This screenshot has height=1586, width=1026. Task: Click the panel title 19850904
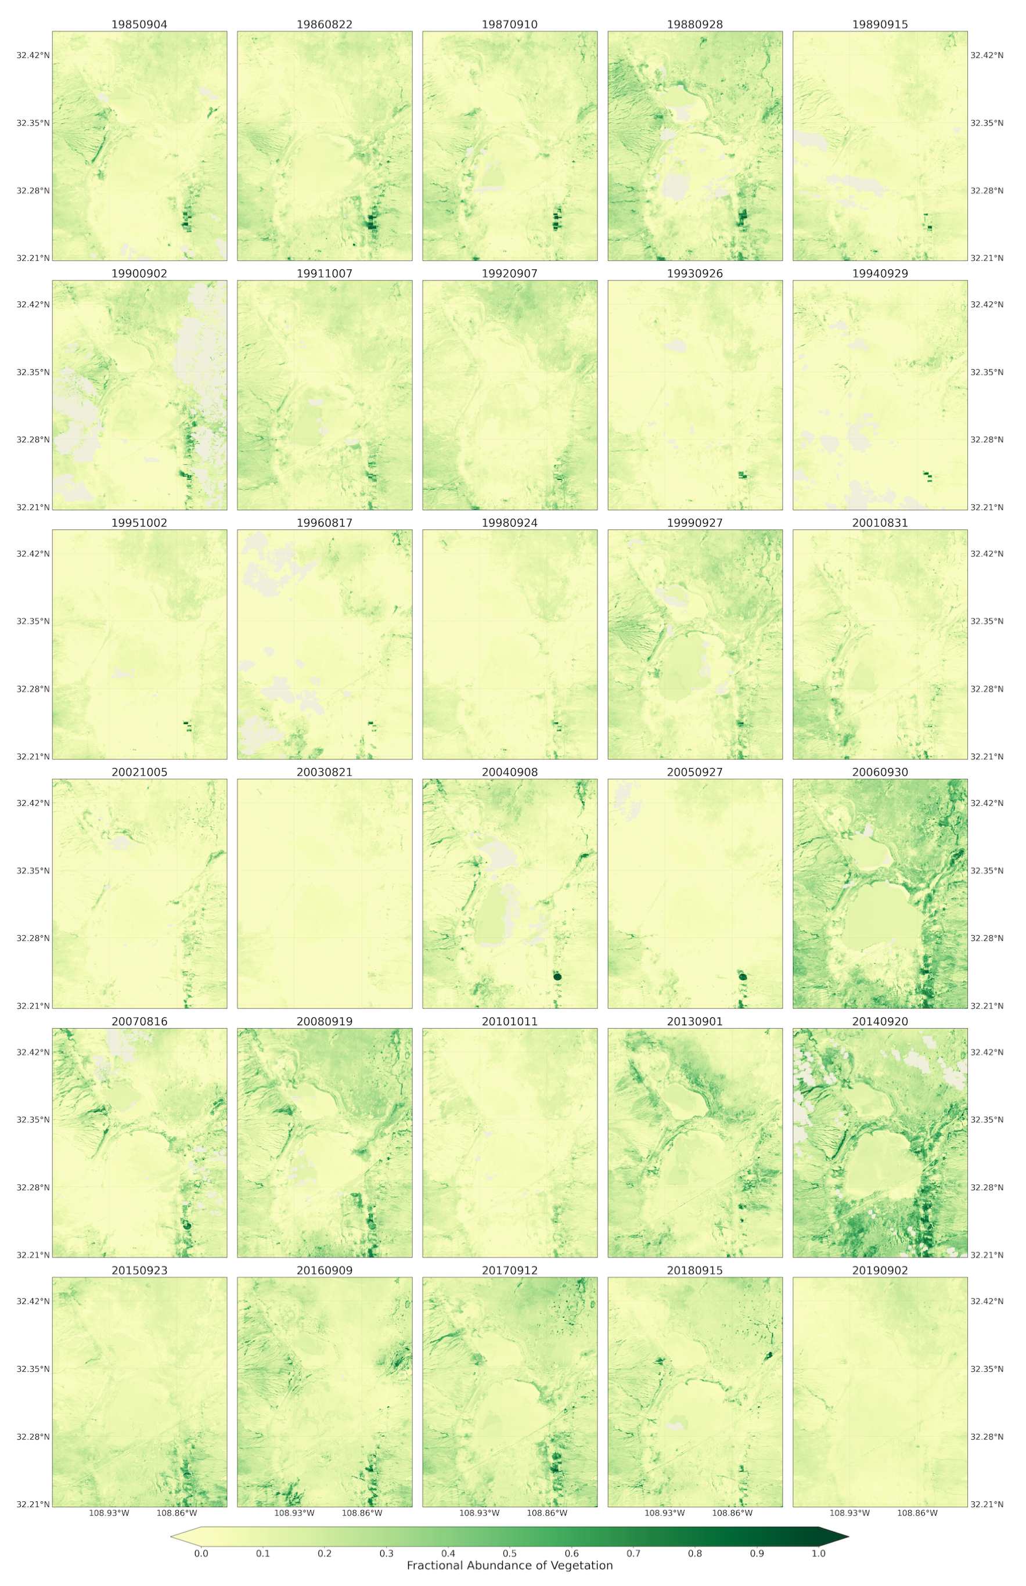click(139, 24)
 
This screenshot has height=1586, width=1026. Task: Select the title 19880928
click(695, 24)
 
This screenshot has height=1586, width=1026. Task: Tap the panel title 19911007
click(325, 274)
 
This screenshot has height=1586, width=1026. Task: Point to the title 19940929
click(880, 274)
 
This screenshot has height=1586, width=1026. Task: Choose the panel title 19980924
click(510, 523)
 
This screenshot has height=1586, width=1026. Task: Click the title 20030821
click(325, 772)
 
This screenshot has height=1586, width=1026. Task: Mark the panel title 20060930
click(880, 772)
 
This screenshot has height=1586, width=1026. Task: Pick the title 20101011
click(510, 1021)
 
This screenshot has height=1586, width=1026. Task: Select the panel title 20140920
click(880, 1021)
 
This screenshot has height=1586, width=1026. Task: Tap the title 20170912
click(510, 1270)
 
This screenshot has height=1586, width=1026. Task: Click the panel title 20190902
click(880, 1270)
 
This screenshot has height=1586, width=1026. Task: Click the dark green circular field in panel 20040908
click(557, 976)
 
